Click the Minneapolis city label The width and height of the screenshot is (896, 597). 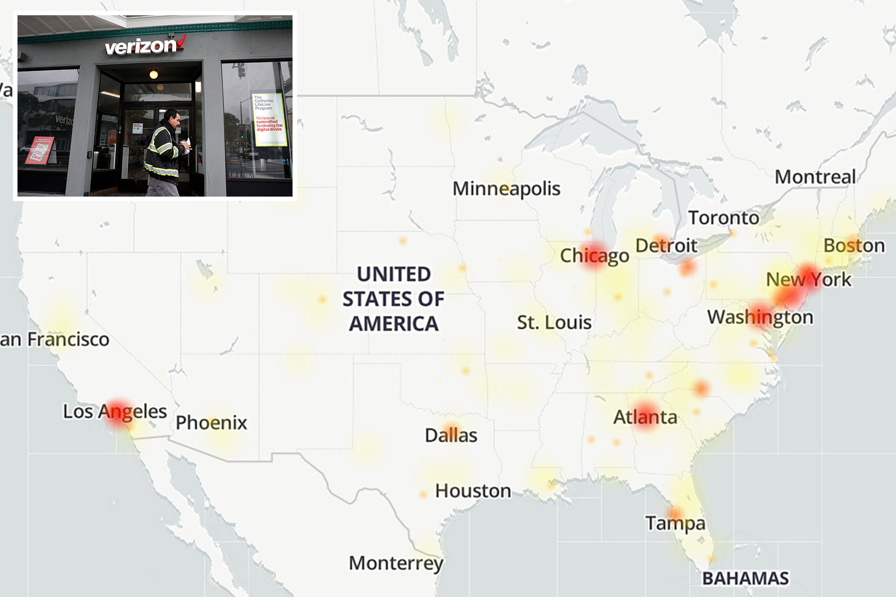pyautogui.click(x=506, y=189)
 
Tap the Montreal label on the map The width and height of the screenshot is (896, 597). pyautogui.click(x=815, y=177)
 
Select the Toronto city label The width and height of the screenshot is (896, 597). pyautogui.click(x=724, y=218)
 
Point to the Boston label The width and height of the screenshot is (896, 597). pyautogui.click(x=854, y=245)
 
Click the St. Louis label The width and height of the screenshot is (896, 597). pyautogui.click(x=554, y=322)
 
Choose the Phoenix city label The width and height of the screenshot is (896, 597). pyautogui.click(x=211, y=422)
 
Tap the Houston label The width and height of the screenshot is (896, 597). pyautogui.click(x=473, y=491)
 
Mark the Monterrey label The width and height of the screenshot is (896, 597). pyautogui.click(x=396, y=563)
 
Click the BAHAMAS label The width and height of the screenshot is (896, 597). pyautogui.click(x=745, y=578)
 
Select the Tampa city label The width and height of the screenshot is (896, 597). pyautogui.click(x=675, y=523)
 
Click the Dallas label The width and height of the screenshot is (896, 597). pyautogui.click(x=451, y=435)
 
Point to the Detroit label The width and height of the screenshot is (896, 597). pyautogui.click(x=667, y=245)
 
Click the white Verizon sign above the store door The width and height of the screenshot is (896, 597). pyautogui.click(x=141, y=46)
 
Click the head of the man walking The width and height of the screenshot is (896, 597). pyautogui.click(x=172, y=119)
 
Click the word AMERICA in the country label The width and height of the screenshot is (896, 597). pyautogui.click(x=394, y=324)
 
